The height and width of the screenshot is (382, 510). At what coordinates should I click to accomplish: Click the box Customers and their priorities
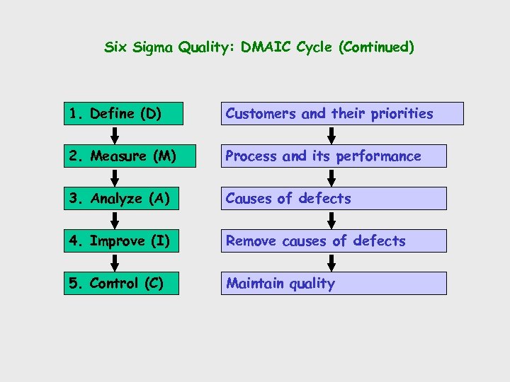pyautogui.click(x=341, y=113)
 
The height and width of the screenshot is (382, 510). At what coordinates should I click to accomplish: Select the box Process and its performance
pyautogui.click(x=333, y=156)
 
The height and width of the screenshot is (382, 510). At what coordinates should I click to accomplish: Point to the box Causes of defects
pyautogui.click(x=333, y=198)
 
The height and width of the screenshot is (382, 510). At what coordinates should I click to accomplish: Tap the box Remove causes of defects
pyautogui.click(x=333, y=241)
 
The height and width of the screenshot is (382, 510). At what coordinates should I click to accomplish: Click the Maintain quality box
pyautogui.click(x=333, y=283)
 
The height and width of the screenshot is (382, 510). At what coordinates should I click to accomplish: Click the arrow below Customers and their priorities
pyautogui.click(x=334, y=134)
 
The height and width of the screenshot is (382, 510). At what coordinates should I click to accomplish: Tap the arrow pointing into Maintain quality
pyautogui.click(x=334, y=262)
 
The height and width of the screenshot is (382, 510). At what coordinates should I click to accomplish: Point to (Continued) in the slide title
pyautogui.click(x=376, y=47)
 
